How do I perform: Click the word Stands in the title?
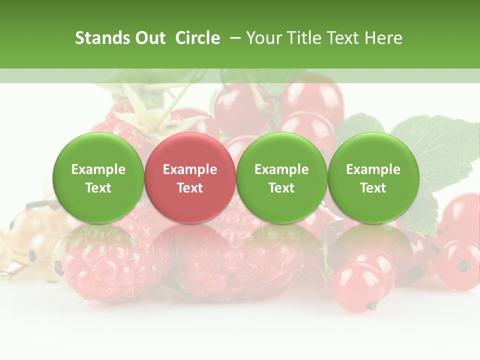102,38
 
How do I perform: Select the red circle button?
190,178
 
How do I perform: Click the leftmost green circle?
98,178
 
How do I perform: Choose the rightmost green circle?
373,178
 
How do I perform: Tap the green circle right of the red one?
281,178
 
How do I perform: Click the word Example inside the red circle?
190,169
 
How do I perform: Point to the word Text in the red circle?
190,188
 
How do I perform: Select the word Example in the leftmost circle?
98,169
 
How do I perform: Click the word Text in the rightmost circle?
373,188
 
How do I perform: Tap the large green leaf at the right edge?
440,150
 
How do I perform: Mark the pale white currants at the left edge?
25,240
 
